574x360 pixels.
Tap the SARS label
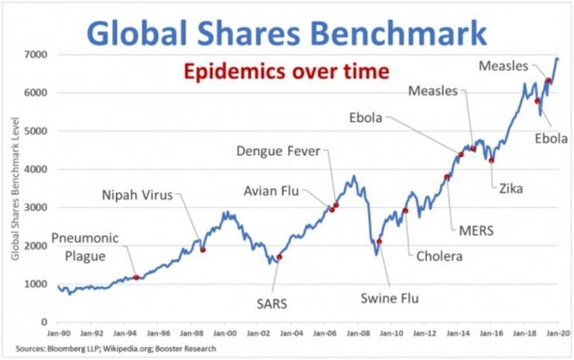click(272, 303)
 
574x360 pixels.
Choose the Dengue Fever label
click(278, 152)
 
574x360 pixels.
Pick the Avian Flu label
click(272, 191)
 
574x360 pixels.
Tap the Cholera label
click(439, 256)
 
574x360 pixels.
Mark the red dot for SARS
click(278, 257)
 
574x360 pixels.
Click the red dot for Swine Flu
click(379, 241)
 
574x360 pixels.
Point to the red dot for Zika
click(492, 160)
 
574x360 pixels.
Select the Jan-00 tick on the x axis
click(225, 330)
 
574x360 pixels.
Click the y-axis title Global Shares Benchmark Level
click(15, 189)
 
